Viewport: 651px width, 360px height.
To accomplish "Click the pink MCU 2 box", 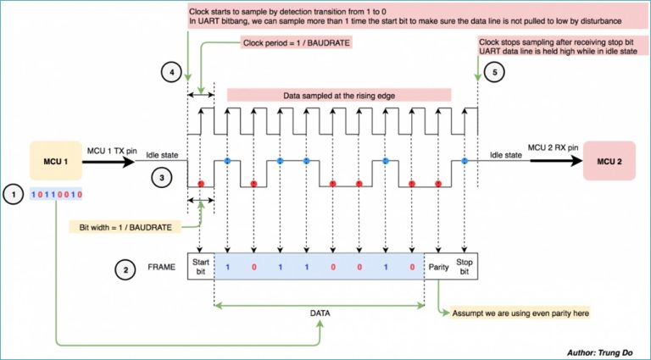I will tap(608, 161).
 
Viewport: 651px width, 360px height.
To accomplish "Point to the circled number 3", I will tap(162, 178).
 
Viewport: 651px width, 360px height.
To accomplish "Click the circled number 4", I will tap(172, 72).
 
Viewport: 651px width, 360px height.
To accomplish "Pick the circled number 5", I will tap(496, 72).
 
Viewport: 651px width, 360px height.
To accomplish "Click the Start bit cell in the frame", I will tap(201, 267).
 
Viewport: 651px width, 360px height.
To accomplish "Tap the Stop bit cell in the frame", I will tap(465, 267).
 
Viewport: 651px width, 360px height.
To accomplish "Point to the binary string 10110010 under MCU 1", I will tap(57, 194).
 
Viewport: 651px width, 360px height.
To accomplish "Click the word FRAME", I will tap(160, 268).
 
